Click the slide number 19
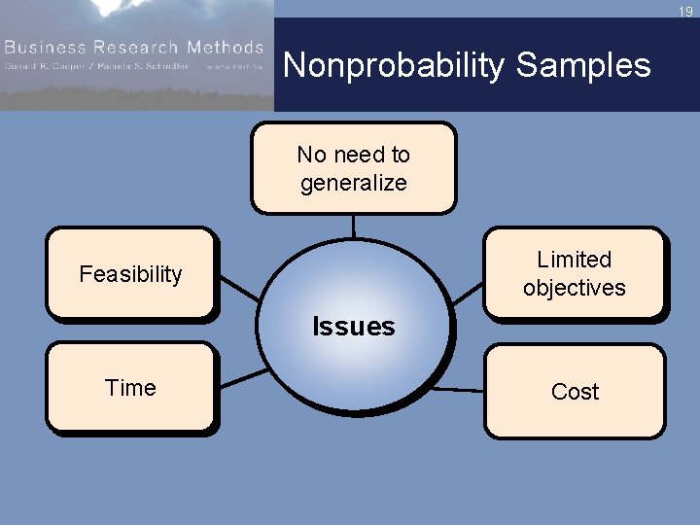[x=685, y=12]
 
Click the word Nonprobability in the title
[x=395, y=65]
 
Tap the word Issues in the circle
[x=354, y=327]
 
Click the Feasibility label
[x=130, y=274]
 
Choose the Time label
[x=130, y=388]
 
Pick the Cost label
[x=575, y=392]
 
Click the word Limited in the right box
[x=575, y=260]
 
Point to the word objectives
[x=575, y=288]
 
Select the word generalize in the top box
[x=354, y=183]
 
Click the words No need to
[x=354, y=155]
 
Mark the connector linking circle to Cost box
[x=457, y=390]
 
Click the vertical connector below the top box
[x=354, y=226]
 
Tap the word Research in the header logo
[x=127, y=47]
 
